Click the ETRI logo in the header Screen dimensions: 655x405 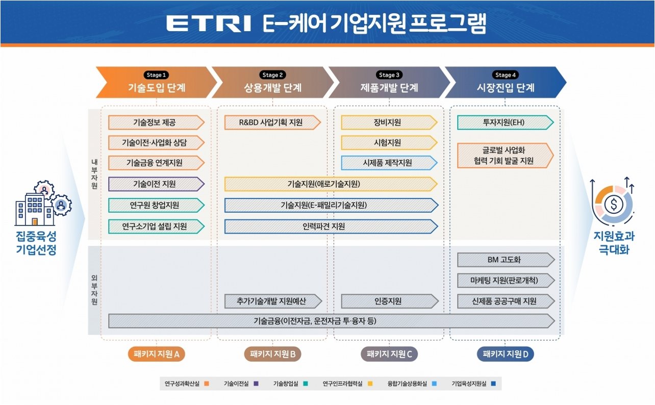209,23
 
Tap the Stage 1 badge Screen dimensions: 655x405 157,75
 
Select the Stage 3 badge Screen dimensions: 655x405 390,75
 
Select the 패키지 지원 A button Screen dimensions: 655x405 156,354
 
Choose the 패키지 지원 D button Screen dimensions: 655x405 505,354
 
